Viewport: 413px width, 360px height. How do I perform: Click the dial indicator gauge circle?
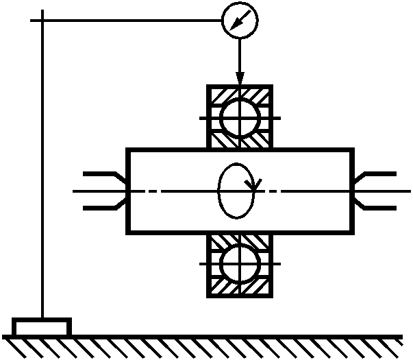pos(240,21)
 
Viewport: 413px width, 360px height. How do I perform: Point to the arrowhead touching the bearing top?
pos(240,80)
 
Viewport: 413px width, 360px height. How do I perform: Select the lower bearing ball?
pos(240,263)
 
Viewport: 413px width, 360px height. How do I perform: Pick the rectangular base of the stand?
pos(42,326)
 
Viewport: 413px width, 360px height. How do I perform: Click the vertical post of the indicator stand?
pos(42,171)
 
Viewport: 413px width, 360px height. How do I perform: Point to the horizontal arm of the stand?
pos(130,21)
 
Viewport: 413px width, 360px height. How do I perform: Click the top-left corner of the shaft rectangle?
pos(128,149)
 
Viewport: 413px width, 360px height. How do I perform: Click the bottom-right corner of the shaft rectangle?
pos(352,232)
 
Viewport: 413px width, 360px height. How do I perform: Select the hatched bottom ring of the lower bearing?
pos(240,289)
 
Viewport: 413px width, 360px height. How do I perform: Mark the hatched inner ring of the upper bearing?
pos(240,140)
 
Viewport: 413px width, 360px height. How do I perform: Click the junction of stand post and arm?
pos(42,21)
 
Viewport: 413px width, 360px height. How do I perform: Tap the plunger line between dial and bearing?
pos(240,55)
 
